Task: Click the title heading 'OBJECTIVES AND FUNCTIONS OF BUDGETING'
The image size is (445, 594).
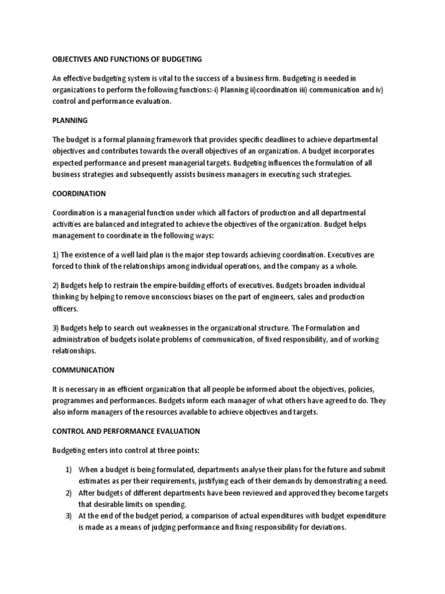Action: coord(127,59)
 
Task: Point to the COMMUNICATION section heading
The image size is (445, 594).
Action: coord(83,370)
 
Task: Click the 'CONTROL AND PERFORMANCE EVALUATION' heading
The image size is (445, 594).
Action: coord(126,431)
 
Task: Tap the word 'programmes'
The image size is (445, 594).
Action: coord(76,400)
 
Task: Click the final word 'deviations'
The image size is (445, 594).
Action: coord(326,527)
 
